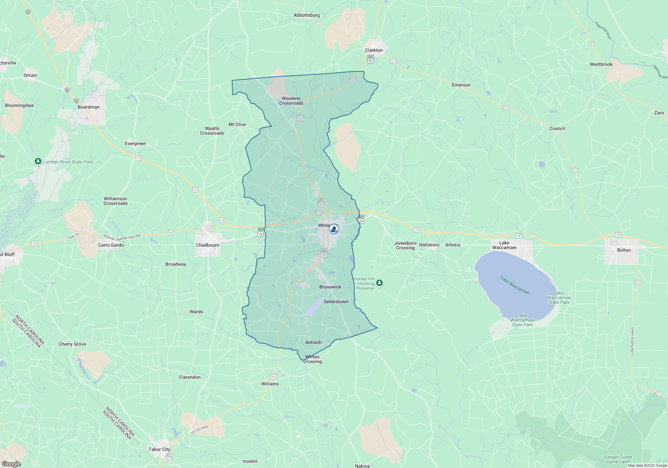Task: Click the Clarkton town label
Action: coord(374,50)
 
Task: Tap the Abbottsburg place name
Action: coord(307,15)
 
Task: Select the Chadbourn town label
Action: coord(207,245)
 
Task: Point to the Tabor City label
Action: coord(159,449)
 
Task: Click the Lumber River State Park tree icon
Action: coord(38,161)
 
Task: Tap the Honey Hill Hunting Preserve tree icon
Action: coord(379,283)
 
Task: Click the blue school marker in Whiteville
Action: coord(334,229)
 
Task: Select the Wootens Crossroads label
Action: coord(291,101)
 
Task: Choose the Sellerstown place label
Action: coord(336,302)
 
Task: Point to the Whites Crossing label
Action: coord(313,359)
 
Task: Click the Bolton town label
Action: coord(624,250)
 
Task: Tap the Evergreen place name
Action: coord(135,143)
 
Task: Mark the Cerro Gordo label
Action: coord(111,245)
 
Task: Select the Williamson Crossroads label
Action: coord(116,201)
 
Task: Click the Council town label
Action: coord(557,128)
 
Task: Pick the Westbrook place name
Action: coord(601,64)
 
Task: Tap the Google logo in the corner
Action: coord(11,464)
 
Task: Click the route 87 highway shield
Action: coord(592,43)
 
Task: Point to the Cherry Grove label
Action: coord(72,344)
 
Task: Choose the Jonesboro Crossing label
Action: coord(405,245)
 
